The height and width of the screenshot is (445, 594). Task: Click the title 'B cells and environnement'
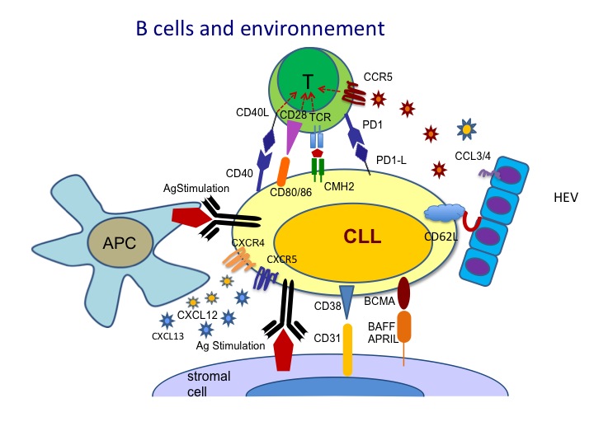click(260, 29)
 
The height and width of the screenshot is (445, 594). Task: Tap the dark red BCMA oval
click(404, 293)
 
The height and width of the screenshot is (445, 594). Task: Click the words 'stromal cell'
click(207, 383)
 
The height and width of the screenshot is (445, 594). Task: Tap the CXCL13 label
click(167, 335)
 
